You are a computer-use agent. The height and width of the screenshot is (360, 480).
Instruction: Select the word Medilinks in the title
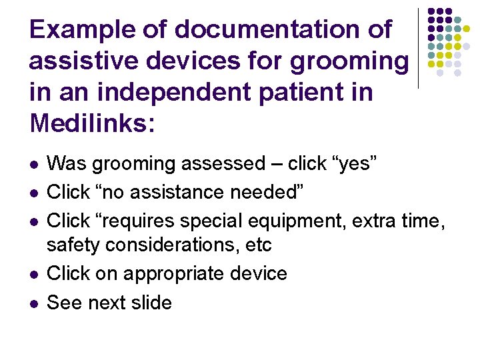87,123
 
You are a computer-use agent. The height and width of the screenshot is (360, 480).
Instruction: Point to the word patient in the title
298,92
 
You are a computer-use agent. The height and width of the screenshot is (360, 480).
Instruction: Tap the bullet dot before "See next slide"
33,303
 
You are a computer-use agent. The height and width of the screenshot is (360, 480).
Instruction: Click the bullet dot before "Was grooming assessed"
33,164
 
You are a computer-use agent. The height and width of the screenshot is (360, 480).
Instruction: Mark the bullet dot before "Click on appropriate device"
33,275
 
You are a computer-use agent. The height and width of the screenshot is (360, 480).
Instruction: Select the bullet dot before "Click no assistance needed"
33,193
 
